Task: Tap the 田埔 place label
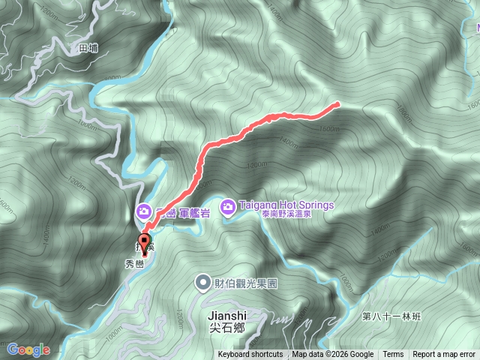tap(88, 47)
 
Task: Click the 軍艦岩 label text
tap(193, 213)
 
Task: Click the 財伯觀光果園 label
tap(247, 283)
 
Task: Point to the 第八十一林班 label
tap(391, 317)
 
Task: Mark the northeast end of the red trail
tap(337, 104)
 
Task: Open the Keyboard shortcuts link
tap(250, 355)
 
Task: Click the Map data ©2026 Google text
tap(332, 355)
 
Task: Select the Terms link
tap(393, 355)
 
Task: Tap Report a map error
tap(444, 355)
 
